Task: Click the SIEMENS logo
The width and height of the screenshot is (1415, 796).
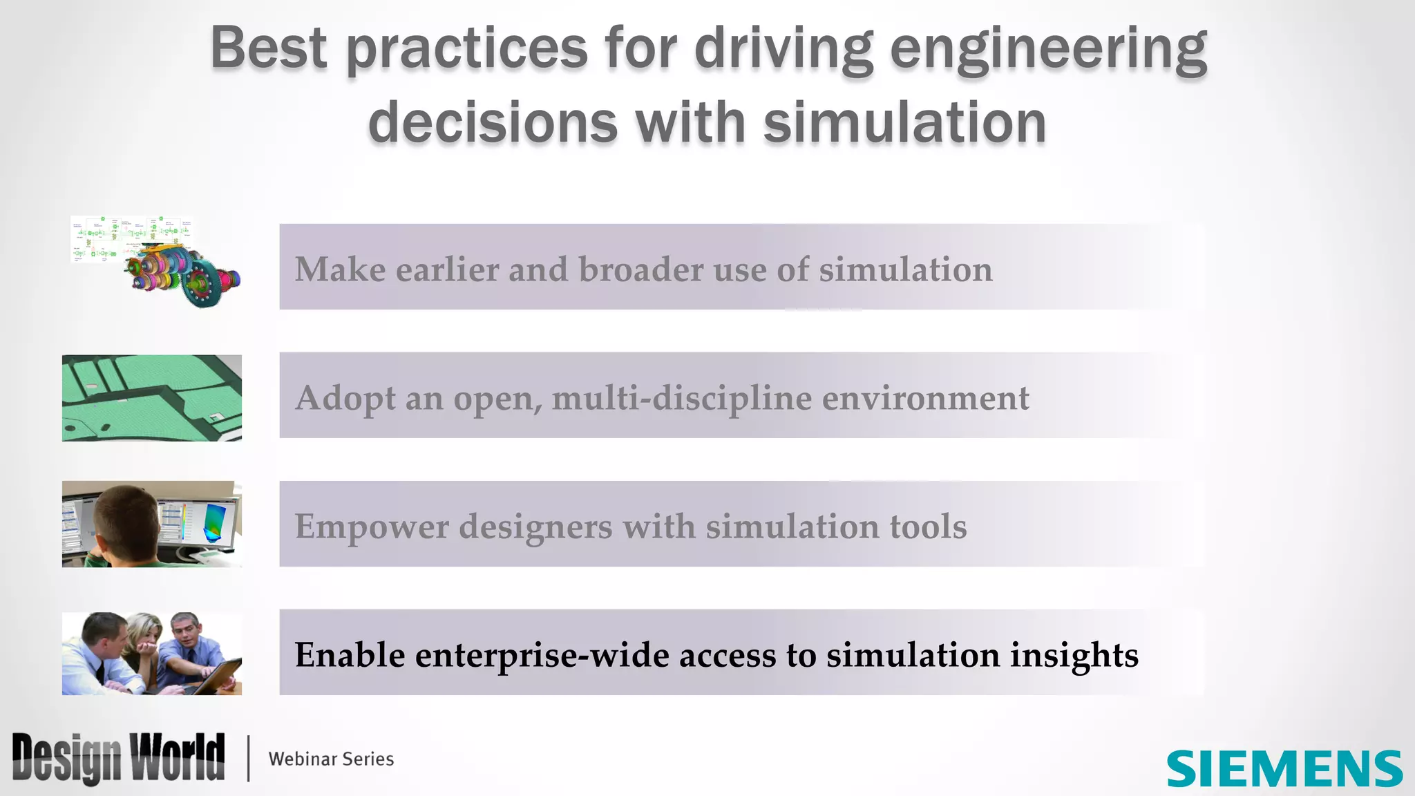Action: pyautogui.click(x=1284, y=768)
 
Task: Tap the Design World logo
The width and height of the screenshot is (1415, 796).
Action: pyautogui.click(x=118, y=758)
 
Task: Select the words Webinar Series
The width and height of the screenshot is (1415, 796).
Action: pyautogui.click(x=331, y=759)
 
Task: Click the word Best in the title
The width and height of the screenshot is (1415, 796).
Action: pyautogui.click(x=268, y=48)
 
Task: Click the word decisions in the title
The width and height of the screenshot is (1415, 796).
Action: pyautogui.click(x=493, y=122)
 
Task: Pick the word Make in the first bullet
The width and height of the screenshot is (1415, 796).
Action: pyautogui.click(x=340, y=269)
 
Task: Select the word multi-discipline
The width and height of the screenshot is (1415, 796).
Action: pyautogui.click(x=681, y=399)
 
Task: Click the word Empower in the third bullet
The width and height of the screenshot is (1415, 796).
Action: pyautogui.click(x=372, y=527)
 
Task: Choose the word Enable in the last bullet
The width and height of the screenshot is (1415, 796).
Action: pyautogui.click(x=350, y=655)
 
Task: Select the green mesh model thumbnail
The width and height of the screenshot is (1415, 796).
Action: pyautogui.click(x=152, y=398)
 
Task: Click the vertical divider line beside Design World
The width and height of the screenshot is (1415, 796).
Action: pyautogui.click(x=248, y=759)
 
